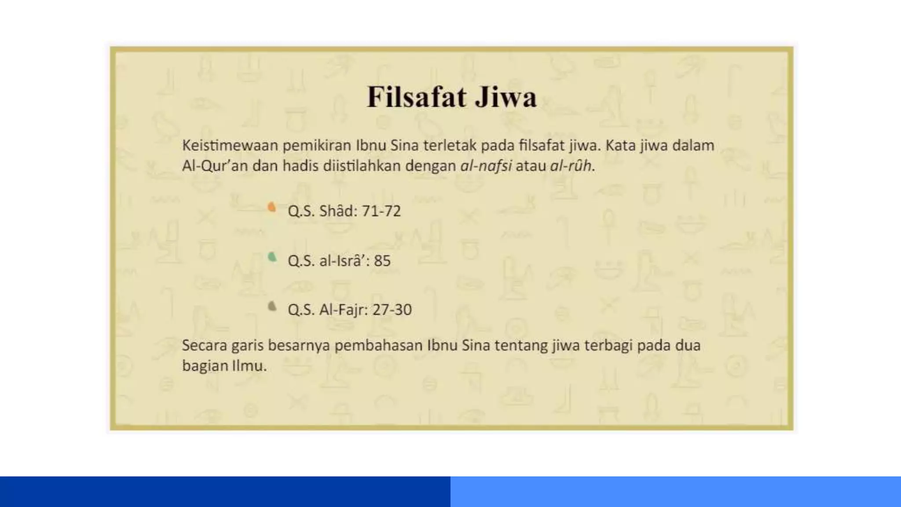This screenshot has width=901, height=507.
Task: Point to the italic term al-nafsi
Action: [486, 166]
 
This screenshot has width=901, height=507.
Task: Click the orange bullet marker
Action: [272, 207]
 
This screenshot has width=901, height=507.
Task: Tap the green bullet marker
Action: [272, 257]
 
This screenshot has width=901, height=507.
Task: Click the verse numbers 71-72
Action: [381, 211]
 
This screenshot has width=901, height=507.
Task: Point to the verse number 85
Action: [382, 261]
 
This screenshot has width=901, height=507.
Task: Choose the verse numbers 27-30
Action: [392, 310]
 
